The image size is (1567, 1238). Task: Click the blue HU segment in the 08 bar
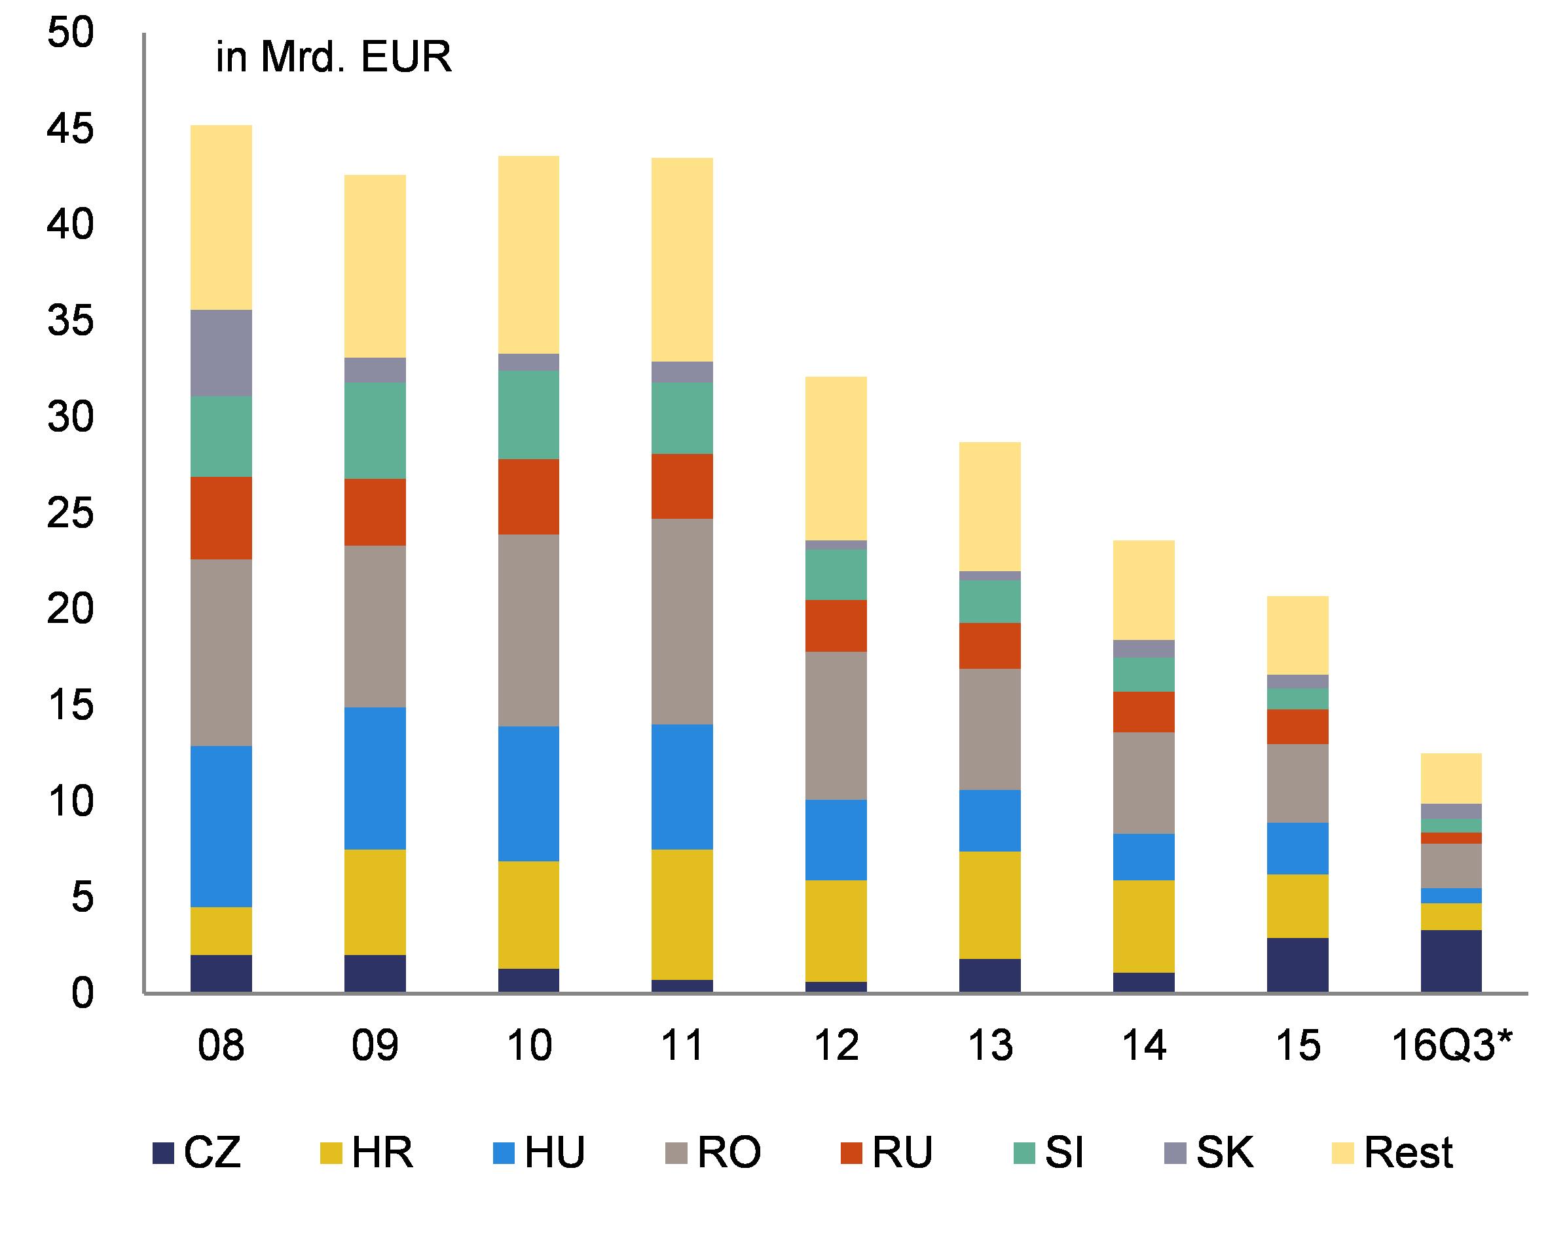tap(221, 825)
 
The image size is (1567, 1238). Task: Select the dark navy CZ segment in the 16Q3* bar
tap(1450, 960)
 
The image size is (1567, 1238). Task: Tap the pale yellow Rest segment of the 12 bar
tap(836, 458)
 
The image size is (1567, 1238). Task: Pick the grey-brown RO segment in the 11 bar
tap(682, 621)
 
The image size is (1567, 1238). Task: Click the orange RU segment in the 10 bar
tap(528, 497)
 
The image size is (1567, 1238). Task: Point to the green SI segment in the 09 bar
tap(375, 430)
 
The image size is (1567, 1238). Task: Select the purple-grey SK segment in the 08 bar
tap(221, 352)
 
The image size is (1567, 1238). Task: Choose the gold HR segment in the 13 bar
tap(989, 905)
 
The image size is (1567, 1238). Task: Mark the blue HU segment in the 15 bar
tap(1297, 848)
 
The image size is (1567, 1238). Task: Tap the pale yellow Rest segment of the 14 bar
tap(1143, 590)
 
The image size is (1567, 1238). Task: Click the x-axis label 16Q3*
tap(1452, 1046)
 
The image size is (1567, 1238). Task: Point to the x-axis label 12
tap(836, 1046)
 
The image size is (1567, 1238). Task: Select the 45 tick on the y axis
tap(70, 129)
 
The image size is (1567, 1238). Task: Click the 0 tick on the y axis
tap(82, 992)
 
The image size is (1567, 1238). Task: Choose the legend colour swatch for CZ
tap(164, 1154)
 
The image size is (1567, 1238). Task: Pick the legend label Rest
tap(1408, 1154)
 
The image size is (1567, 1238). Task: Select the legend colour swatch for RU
tap(852, 1154)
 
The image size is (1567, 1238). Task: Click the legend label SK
tap(1225, 1154)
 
